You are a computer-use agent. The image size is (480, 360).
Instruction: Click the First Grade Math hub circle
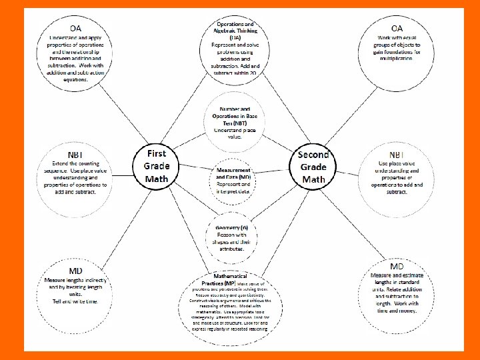click(157, 166)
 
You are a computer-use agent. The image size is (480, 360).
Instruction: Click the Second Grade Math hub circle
click(313, 167)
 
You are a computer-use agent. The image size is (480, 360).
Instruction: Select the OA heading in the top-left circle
click(75, 28)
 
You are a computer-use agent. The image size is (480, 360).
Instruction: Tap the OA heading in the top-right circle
click(397, 28)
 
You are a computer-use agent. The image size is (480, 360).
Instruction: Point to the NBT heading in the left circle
click(75, 154)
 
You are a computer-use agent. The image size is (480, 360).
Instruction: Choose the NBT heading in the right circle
click(397, 154)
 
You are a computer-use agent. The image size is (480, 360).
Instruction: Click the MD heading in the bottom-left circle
click(75, 271)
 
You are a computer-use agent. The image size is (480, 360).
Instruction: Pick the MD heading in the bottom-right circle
click(397, 267)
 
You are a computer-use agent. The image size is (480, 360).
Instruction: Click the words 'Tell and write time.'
click(75, 301)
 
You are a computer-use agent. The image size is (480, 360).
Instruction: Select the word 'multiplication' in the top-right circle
click(397, 59)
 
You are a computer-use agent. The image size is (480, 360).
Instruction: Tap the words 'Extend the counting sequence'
click(75, 167)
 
